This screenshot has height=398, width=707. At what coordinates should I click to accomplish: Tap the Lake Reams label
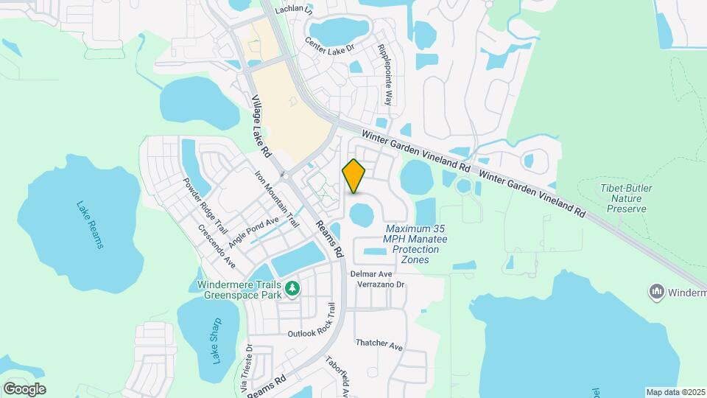pyautogui.click(x=89, y=224)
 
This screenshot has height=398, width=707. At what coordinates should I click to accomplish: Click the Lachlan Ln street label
pyautogui.click(x=294, y=10)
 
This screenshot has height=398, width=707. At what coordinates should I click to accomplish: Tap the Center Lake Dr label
pyautogui.click(x=330, y=46)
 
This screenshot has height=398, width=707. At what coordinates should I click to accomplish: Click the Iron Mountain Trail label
pyautogui.click(x=278, y=199)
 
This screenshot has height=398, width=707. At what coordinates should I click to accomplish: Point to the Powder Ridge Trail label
pyautogui.click(x=197, y=207)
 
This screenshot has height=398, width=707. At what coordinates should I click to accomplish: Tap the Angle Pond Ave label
pyautogui.click(x=254, y=231)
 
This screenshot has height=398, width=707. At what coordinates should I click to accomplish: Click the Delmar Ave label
pyautogui.click(x=371, y=273)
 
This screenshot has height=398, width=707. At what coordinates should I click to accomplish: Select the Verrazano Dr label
pyautogui.click(x=381, y=284)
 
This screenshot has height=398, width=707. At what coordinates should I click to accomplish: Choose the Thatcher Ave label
pyautogui.click(x=379, y=344)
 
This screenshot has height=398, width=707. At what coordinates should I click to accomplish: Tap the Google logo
pyautogui.click(x=24, y=388)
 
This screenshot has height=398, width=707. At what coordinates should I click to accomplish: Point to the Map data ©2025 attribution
pyautogui.click(x=675, y=392)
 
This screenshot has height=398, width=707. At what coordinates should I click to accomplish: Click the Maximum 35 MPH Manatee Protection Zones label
pyautogui.click(x=416, y=240)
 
